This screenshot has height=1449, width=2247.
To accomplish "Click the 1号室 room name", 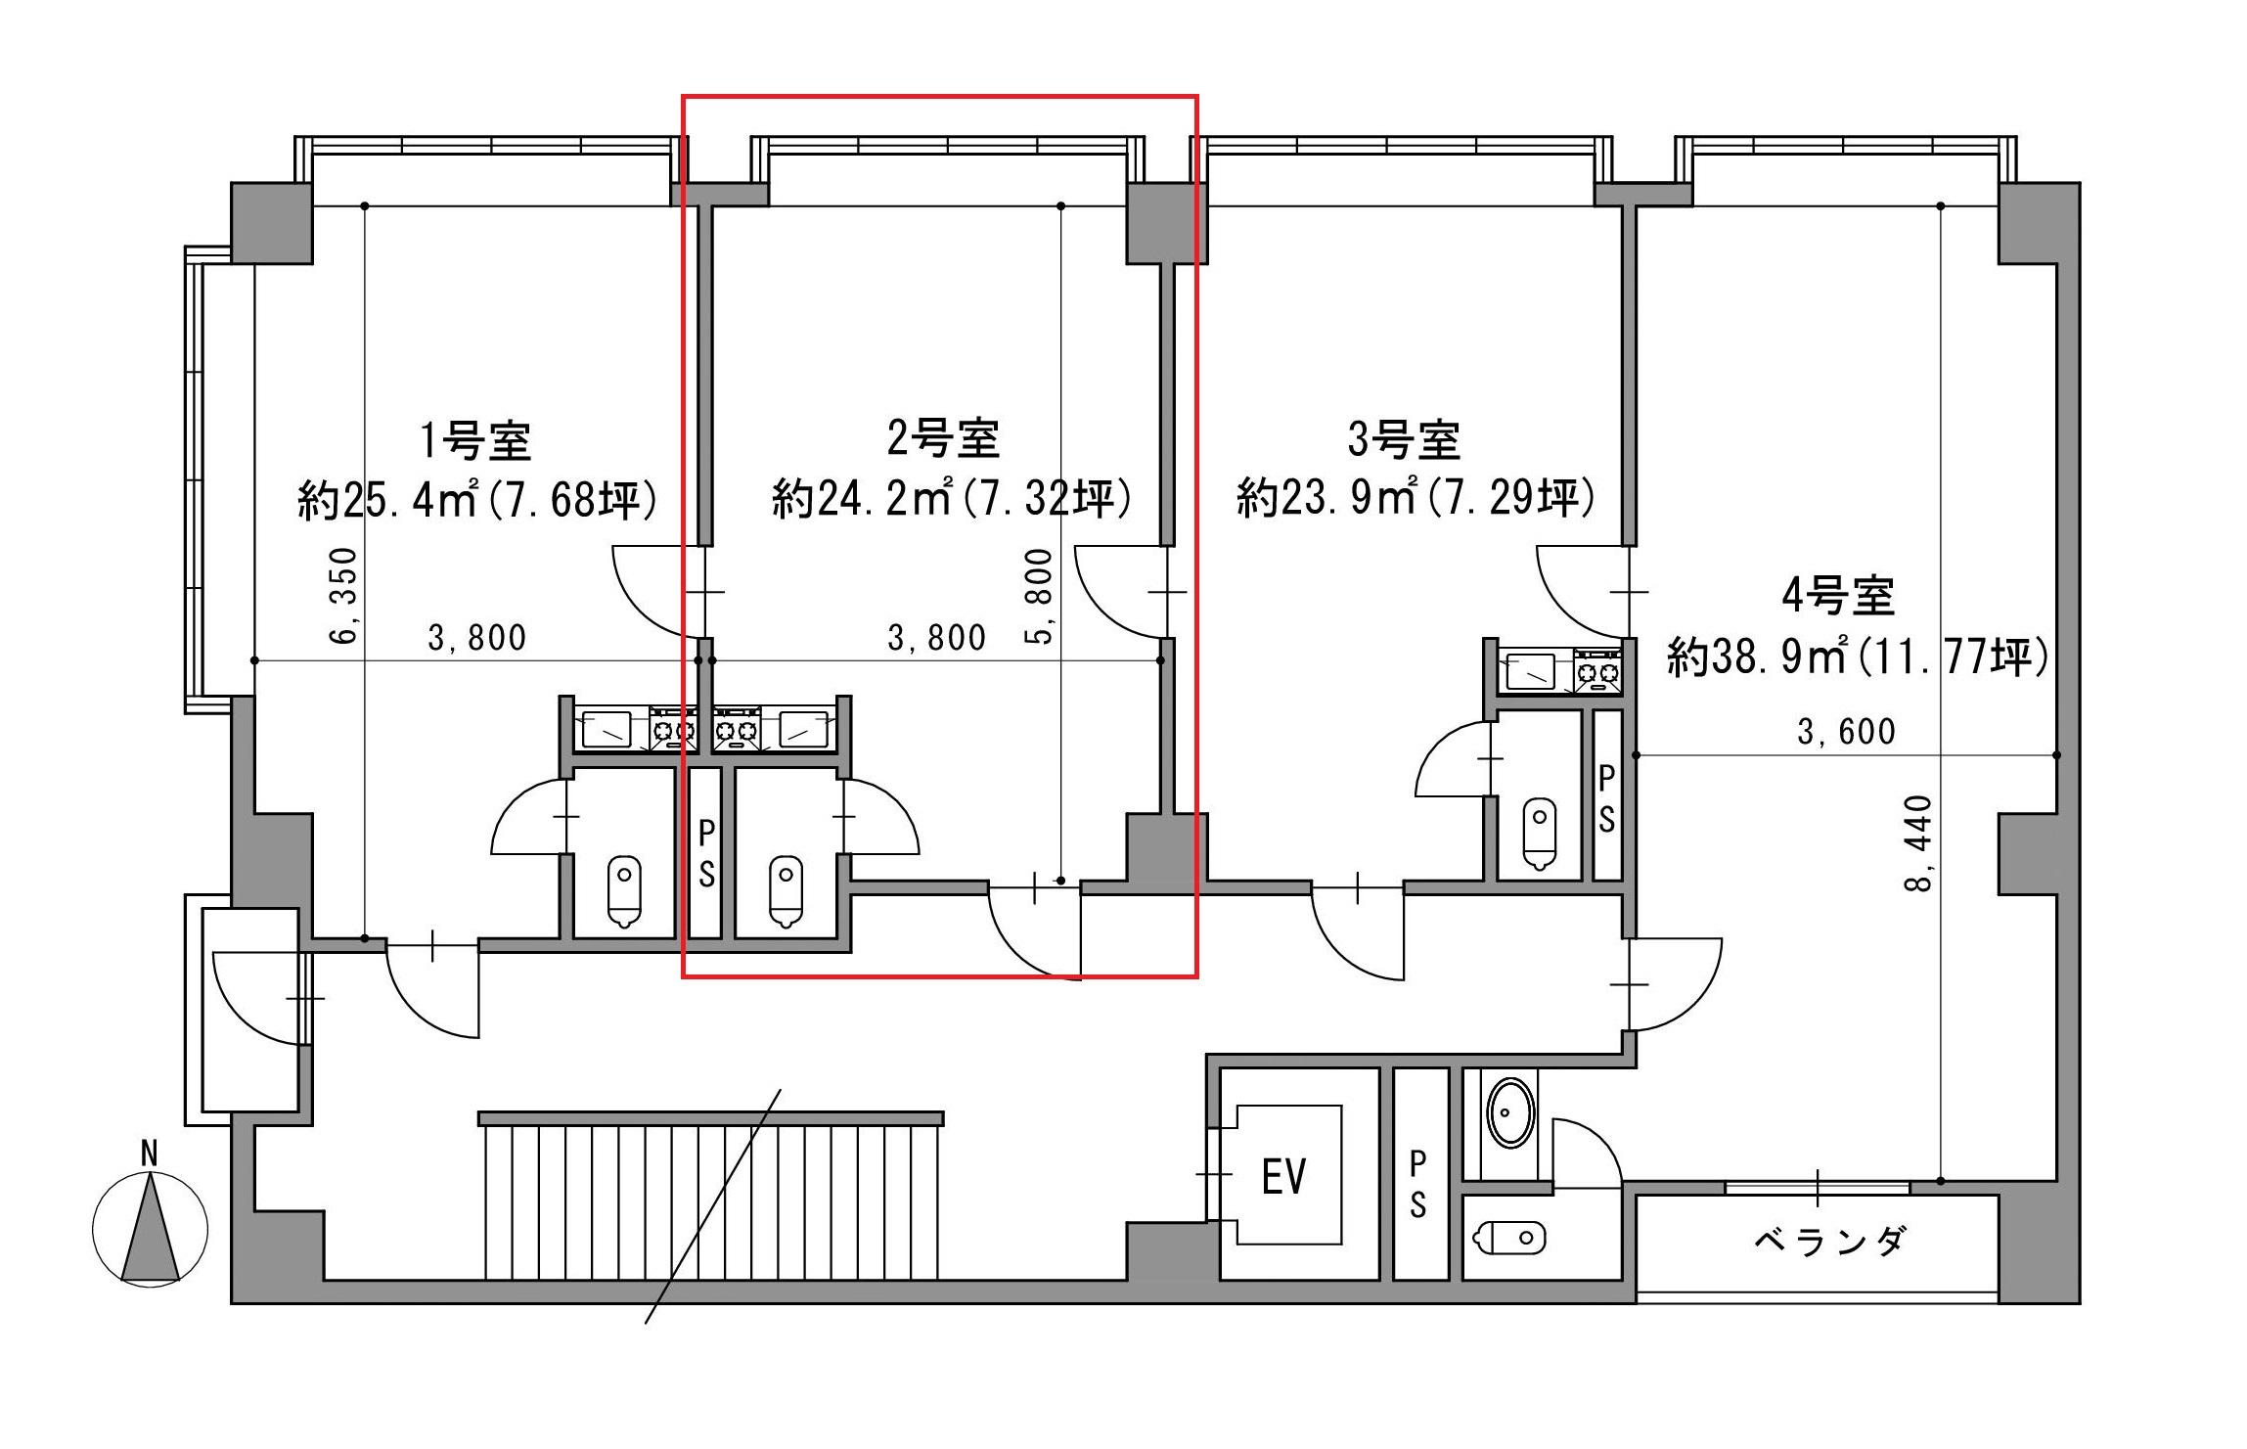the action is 476,440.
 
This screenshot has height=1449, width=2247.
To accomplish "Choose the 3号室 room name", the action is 1405,439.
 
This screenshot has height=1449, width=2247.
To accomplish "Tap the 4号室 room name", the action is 1838,596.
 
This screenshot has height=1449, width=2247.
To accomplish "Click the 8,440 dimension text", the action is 1919,842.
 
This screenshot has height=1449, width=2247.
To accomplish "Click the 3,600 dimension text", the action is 1846,732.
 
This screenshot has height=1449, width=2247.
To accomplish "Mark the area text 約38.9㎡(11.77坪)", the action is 1858,657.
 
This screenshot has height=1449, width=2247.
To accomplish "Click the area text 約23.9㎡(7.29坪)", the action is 1416,498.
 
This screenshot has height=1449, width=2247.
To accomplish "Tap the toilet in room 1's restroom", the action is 623,891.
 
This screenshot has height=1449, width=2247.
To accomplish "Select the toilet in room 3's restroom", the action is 1541,835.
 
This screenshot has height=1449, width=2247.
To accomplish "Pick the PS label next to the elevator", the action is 1417,1184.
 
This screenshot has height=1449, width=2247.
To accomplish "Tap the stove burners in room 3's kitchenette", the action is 1597,671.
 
